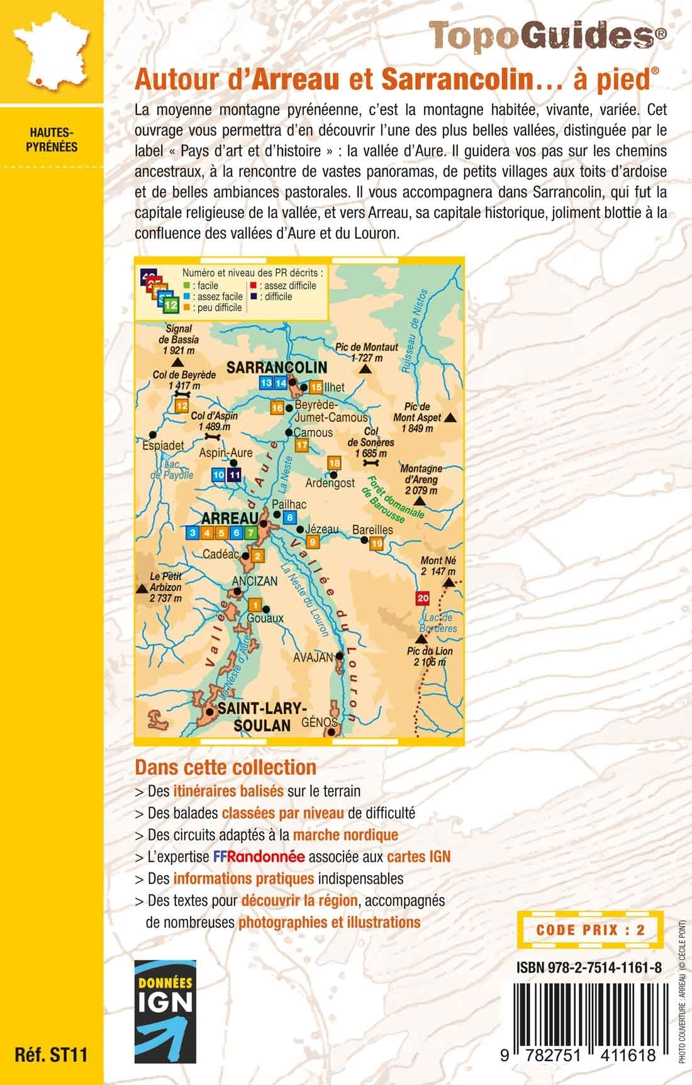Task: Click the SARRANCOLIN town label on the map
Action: point(277,367)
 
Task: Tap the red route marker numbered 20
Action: point(423,597)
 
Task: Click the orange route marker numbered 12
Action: point(182,406)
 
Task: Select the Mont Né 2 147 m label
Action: point(438,565)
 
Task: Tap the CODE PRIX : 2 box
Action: point(590,930)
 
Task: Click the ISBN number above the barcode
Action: point(588,969)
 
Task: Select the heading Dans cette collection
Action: point(225,767)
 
